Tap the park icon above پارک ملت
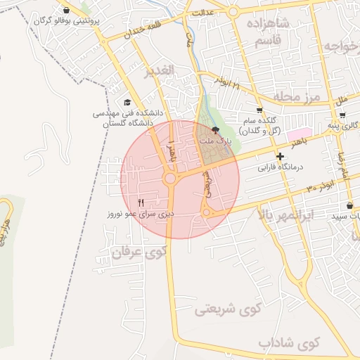215,131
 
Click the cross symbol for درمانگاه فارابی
281,156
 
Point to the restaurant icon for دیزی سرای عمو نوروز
141,201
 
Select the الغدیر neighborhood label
159,72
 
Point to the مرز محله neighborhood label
298,95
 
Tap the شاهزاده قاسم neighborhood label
265,33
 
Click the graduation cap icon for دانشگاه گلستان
127,102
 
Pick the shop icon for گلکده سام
259,110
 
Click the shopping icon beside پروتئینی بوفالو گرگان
66,11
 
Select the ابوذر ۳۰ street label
319,185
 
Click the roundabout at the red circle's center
170,179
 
